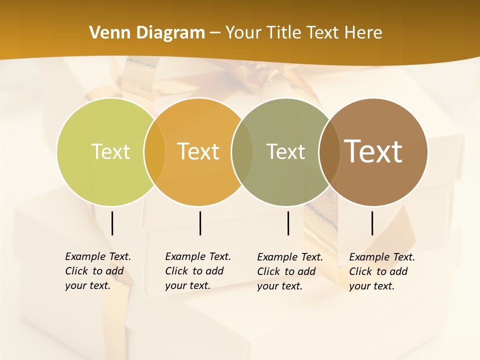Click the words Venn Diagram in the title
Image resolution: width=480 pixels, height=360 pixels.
147,33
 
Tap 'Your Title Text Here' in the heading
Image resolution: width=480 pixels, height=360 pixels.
303,33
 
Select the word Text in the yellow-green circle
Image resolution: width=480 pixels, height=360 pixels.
110,151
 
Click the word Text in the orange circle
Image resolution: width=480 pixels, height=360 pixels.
198,151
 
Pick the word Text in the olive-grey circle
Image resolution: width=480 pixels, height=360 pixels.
285,151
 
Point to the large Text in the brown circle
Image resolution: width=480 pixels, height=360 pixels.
373,151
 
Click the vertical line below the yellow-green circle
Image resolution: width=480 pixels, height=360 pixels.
112,223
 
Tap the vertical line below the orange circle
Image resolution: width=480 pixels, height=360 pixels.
200,223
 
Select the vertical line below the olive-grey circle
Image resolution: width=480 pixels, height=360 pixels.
288,223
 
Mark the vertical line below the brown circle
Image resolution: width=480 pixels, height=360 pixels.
372,223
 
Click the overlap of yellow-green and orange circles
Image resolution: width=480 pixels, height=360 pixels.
154,152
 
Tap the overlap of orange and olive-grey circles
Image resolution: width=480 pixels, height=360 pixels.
242,152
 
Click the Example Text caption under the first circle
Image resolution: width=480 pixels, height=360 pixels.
97,271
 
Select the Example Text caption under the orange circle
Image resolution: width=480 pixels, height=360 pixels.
197,271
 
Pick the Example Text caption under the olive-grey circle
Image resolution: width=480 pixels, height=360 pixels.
289,271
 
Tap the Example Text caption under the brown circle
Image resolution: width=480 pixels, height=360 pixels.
381,271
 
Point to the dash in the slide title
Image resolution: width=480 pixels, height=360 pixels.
215,33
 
